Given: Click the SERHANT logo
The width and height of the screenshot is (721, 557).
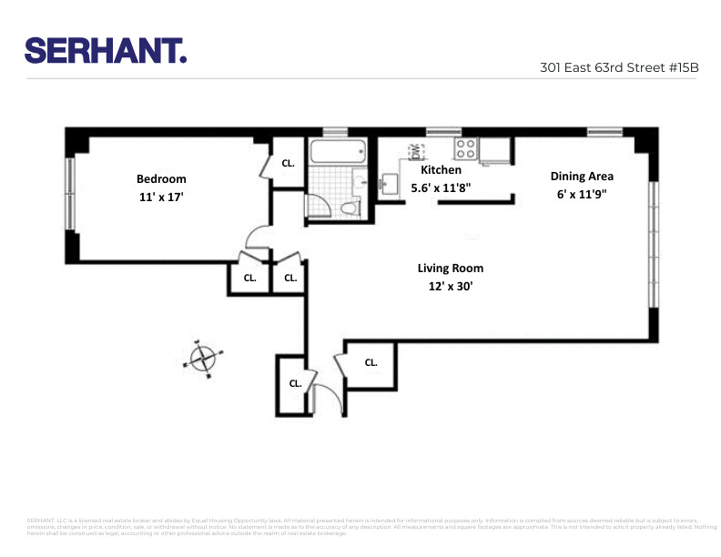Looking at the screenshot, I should pyautogui.click(x=106, y=50).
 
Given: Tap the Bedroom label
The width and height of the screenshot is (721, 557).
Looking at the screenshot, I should pyautogui.click(x=161, y=179).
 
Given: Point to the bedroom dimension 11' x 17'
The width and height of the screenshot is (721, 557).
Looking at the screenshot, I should pyautogui.click(x=161, y=197).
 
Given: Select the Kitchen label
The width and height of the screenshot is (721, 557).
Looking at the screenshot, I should pyautogui.click(x=441, y=170).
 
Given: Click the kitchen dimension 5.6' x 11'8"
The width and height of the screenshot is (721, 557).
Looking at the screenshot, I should pyautogui.click(x=441, y=187).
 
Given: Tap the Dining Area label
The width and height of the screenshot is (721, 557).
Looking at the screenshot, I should pyautogui.click(x=582, y=177).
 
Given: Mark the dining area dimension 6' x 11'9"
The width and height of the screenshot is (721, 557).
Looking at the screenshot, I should pyautogui.click(x=582, y=194).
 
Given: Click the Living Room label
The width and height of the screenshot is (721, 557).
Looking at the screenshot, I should pyautogui.click(x=451, y=268).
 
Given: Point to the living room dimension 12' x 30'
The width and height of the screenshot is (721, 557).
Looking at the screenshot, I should pyautogui.click(x=451, y=286).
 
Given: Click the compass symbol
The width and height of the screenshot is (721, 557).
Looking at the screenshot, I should pyautogui.click(x=206, y=357).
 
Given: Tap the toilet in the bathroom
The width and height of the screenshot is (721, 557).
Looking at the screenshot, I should pyautogui.click(x=347, y=208).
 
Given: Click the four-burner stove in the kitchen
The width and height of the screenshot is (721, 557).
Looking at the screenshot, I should pyautogui.click(x=466, y=147).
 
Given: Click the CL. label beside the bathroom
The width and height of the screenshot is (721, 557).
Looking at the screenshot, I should pyautogui.click(x=288, y=164).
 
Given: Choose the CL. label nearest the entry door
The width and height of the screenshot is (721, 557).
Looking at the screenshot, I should pyautogui.click(x=295, y=384).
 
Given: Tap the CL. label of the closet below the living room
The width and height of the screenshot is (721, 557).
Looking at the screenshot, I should pyautogui.click(x=371, y=362).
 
